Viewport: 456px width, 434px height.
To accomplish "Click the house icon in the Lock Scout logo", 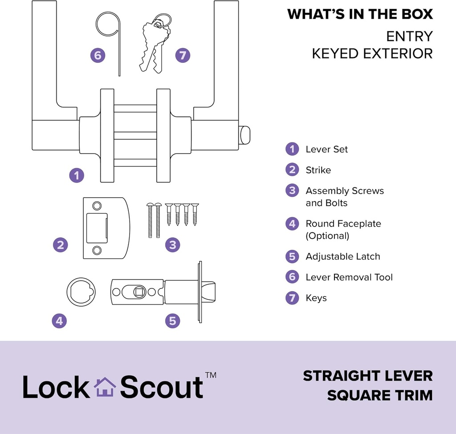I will pos(105,387).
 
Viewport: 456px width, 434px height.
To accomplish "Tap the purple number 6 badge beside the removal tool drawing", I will pos(98,56).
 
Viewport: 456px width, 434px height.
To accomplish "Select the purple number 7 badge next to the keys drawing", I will pos(183,56).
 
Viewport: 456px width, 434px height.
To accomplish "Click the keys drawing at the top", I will pos(154,45).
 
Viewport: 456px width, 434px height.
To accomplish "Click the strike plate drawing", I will pos(106,228).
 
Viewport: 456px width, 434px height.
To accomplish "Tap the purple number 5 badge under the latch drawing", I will pos(172,320).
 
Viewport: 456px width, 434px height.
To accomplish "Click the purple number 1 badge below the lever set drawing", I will pos(77,175).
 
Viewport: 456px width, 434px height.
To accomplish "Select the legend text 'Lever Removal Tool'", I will pos(349,277).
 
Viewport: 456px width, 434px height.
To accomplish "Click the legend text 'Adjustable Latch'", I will pos(342,256).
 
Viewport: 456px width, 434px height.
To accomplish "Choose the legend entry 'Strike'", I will pos(318,170).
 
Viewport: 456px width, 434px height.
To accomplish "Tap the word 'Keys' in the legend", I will pos(316,298).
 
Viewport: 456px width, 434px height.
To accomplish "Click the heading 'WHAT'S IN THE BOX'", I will pos(360,14).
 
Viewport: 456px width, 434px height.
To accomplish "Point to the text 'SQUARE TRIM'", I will pos(380,395).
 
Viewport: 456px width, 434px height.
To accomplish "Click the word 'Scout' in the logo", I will pos(162,387).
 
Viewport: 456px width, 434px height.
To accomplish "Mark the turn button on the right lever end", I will pos(244,135).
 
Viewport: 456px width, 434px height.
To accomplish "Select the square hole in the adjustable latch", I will pos(139,292).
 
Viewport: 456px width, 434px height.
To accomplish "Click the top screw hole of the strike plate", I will pos(97,206).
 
